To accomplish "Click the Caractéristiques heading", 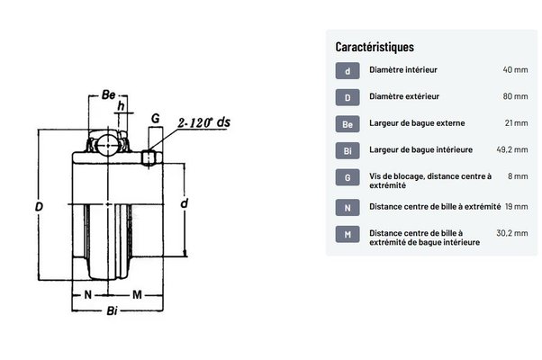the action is (375, 47).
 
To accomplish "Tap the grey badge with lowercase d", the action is (348, 71).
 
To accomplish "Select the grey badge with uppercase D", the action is (348, 97).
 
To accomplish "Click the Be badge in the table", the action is (348, 124).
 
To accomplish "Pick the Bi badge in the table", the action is (348, 150).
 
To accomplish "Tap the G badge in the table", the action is (348, 177).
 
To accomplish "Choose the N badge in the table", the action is (348, 208).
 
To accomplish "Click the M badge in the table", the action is (348, 234).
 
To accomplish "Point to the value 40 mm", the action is (515, 70).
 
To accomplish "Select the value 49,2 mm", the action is (512, 150).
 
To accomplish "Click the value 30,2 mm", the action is (512, 233).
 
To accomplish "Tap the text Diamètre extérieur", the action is (404, 96).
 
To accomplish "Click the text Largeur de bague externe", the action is (417, 123).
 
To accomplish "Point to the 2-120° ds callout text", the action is (204, 122).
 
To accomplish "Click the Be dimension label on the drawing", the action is (108, 94).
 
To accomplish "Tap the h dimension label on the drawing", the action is (121, 105).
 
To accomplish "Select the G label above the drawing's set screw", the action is (156, 119).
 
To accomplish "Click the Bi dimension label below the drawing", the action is (112, 310).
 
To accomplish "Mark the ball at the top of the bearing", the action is (107, 145).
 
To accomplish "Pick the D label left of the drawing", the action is (39, 207).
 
